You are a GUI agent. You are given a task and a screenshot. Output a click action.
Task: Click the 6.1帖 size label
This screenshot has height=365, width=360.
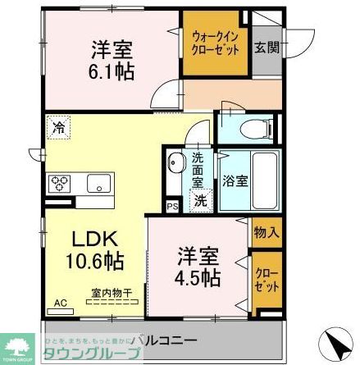[x=114, y=71]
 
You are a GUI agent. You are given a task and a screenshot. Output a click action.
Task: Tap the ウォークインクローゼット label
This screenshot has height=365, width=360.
[x=216, y=43]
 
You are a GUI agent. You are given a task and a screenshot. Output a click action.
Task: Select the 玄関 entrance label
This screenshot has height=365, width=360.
[x=267, y=48]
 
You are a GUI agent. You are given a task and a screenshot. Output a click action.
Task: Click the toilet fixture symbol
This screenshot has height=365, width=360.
[x=249, y=127]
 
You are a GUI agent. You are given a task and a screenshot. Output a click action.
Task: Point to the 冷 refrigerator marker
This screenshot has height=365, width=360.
[x=59, y=128]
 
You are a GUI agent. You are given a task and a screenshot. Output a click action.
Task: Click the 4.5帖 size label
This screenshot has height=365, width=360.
[x=198, y=276]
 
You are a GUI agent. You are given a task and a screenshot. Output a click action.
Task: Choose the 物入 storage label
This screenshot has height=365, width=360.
[x=266, y=233]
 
